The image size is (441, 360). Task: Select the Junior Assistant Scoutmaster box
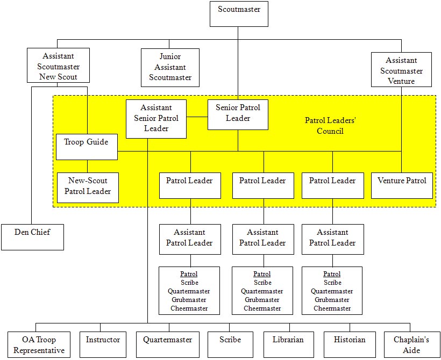[x=170, y=67]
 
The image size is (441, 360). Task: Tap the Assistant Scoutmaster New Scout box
[x=58, y=66]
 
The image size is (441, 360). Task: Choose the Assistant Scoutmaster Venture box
[x=401, y=70]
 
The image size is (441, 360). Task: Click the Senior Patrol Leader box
[x=238, y=114]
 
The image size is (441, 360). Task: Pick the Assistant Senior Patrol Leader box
[x=156, y=118]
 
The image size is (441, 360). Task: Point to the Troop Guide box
[x=87, y=147]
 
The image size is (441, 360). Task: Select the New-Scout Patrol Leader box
[x=88, y=187]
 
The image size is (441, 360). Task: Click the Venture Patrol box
[x=402, y=184]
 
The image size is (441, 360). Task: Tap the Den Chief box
[x=32, y=237]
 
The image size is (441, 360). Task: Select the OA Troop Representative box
[x=38, y=344]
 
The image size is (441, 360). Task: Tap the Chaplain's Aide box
[x=411, y=344]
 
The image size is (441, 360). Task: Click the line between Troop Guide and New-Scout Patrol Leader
[x=88, y=166]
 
